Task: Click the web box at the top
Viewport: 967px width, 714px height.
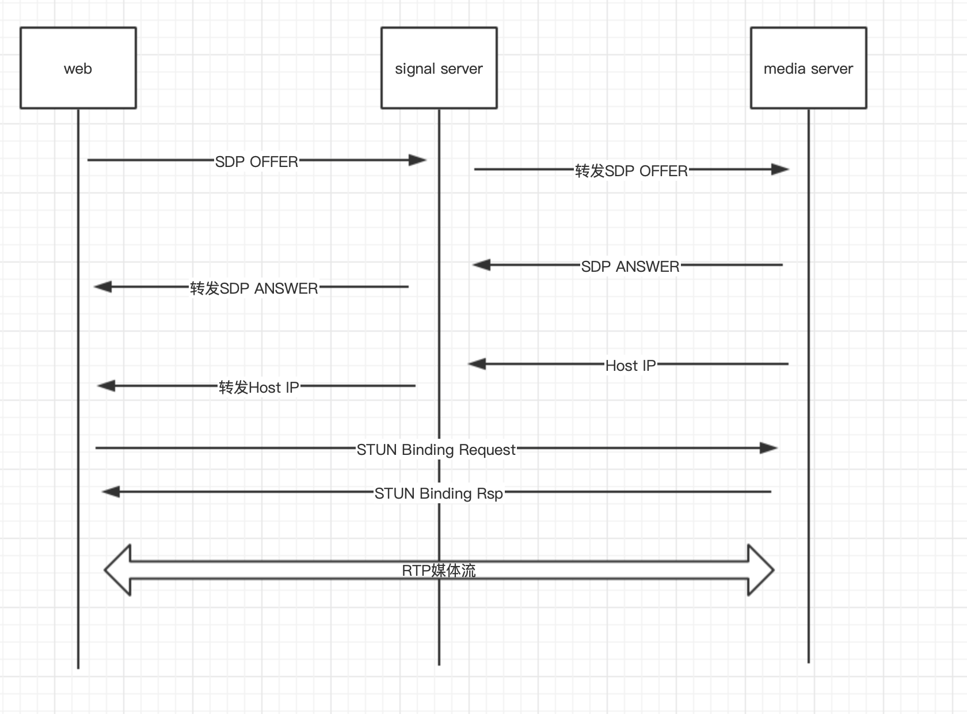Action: point(78,68)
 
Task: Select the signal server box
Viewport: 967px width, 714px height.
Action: point(439,68)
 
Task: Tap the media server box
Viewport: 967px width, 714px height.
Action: point(808,68)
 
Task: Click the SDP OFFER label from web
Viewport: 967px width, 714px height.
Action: point(257,162)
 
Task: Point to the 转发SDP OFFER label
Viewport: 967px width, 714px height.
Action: point(631,171)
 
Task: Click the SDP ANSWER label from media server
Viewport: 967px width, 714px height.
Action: point(630,267)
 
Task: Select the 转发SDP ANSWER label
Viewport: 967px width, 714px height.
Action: point(254,288)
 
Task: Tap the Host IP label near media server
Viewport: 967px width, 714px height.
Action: point(630,366)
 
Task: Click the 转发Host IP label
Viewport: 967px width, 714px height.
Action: point(259,387)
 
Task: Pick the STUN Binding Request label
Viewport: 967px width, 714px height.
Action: point(436,450)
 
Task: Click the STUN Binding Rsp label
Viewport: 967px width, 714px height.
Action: point(439,493)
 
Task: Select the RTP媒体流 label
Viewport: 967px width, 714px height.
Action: point(439,571)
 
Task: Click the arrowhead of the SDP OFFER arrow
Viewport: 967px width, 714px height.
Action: point(418,160)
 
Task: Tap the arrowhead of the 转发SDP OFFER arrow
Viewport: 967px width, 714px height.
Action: point(781,169)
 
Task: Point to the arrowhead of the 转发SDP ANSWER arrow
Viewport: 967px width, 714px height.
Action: point(102,286)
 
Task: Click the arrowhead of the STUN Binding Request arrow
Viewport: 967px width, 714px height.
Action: point(769,448)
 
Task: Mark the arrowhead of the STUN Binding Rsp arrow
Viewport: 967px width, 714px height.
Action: point(111,492)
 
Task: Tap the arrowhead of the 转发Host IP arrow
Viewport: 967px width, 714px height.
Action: point(106,385)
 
